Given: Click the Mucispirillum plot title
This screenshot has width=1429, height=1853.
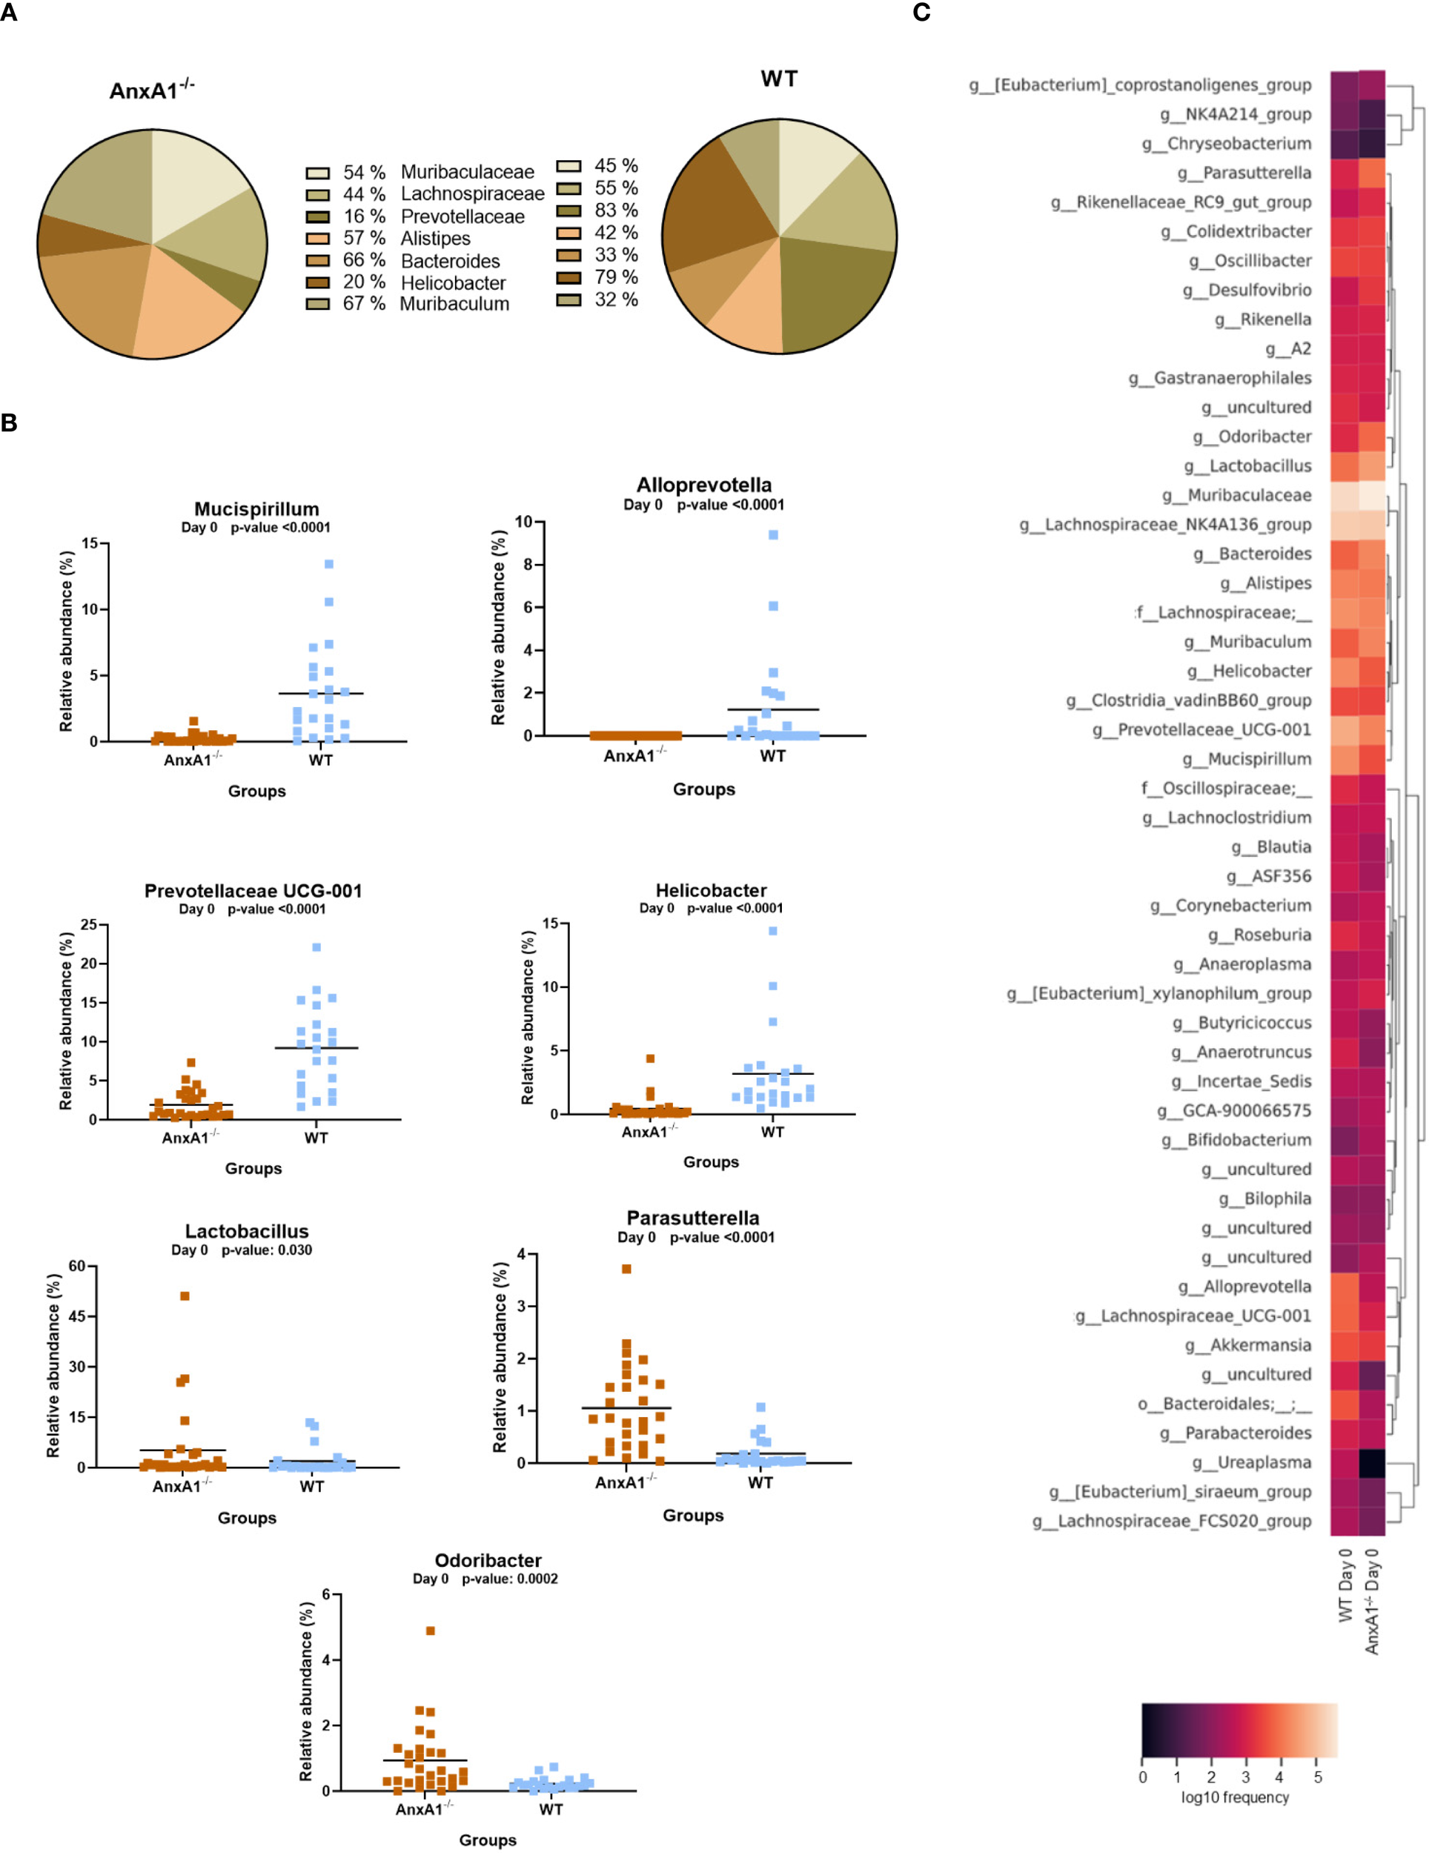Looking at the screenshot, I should coord(256,509).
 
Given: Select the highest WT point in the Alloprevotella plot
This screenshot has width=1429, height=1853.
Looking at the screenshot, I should coord(773,534).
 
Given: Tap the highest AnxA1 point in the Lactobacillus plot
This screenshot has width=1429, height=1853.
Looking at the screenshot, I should coord(184,1296).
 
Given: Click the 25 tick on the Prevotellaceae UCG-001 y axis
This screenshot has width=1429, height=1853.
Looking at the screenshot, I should coord(88,924).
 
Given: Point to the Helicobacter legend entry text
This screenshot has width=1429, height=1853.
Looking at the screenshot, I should coord(453,282).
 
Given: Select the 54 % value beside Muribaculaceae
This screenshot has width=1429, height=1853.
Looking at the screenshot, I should coord(364,172).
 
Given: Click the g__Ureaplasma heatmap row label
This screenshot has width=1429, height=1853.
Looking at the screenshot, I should coord(1251,1462).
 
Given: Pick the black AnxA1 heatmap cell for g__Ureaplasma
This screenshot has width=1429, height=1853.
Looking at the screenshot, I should coord(1372,1462).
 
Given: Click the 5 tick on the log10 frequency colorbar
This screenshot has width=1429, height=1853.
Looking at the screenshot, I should coord(1317,1776).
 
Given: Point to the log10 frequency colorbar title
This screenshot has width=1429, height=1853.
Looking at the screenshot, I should coord(1235,1796).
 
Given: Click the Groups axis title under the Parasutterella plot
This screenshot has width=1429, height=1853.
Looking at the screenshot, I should coord(692,1515).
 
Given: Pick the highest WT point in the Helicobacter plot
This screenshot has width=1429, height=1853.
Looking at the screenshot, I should coord(773,931).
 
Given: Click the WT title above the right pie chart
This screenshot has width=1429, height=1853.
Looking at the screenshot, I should coord(778,79).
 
